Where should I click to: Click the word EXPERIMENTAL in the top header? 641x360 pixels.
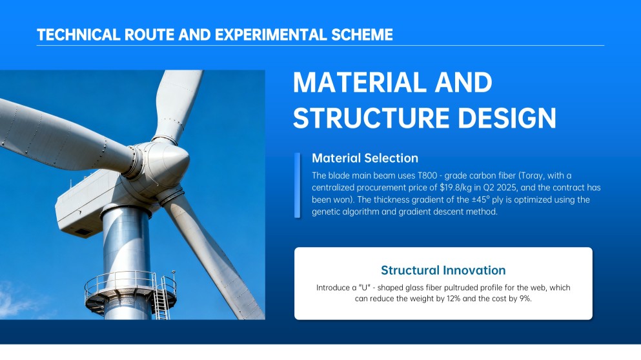tap(270, 35)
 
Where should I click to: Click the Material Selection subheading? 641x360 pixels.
tap(365, 158)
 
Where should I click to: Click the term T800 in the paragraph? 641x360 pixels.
tap(427, 175)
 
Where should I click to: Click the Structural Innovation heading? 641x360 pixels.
tap(443, 270)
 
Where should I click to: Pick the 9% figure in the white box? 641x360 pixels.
tap(525, 299)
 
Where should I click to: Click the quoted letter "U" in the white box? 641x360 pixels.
tap(364, 288)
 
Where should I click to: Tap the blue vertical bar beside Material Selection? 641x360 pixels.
tap(297, 185)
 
